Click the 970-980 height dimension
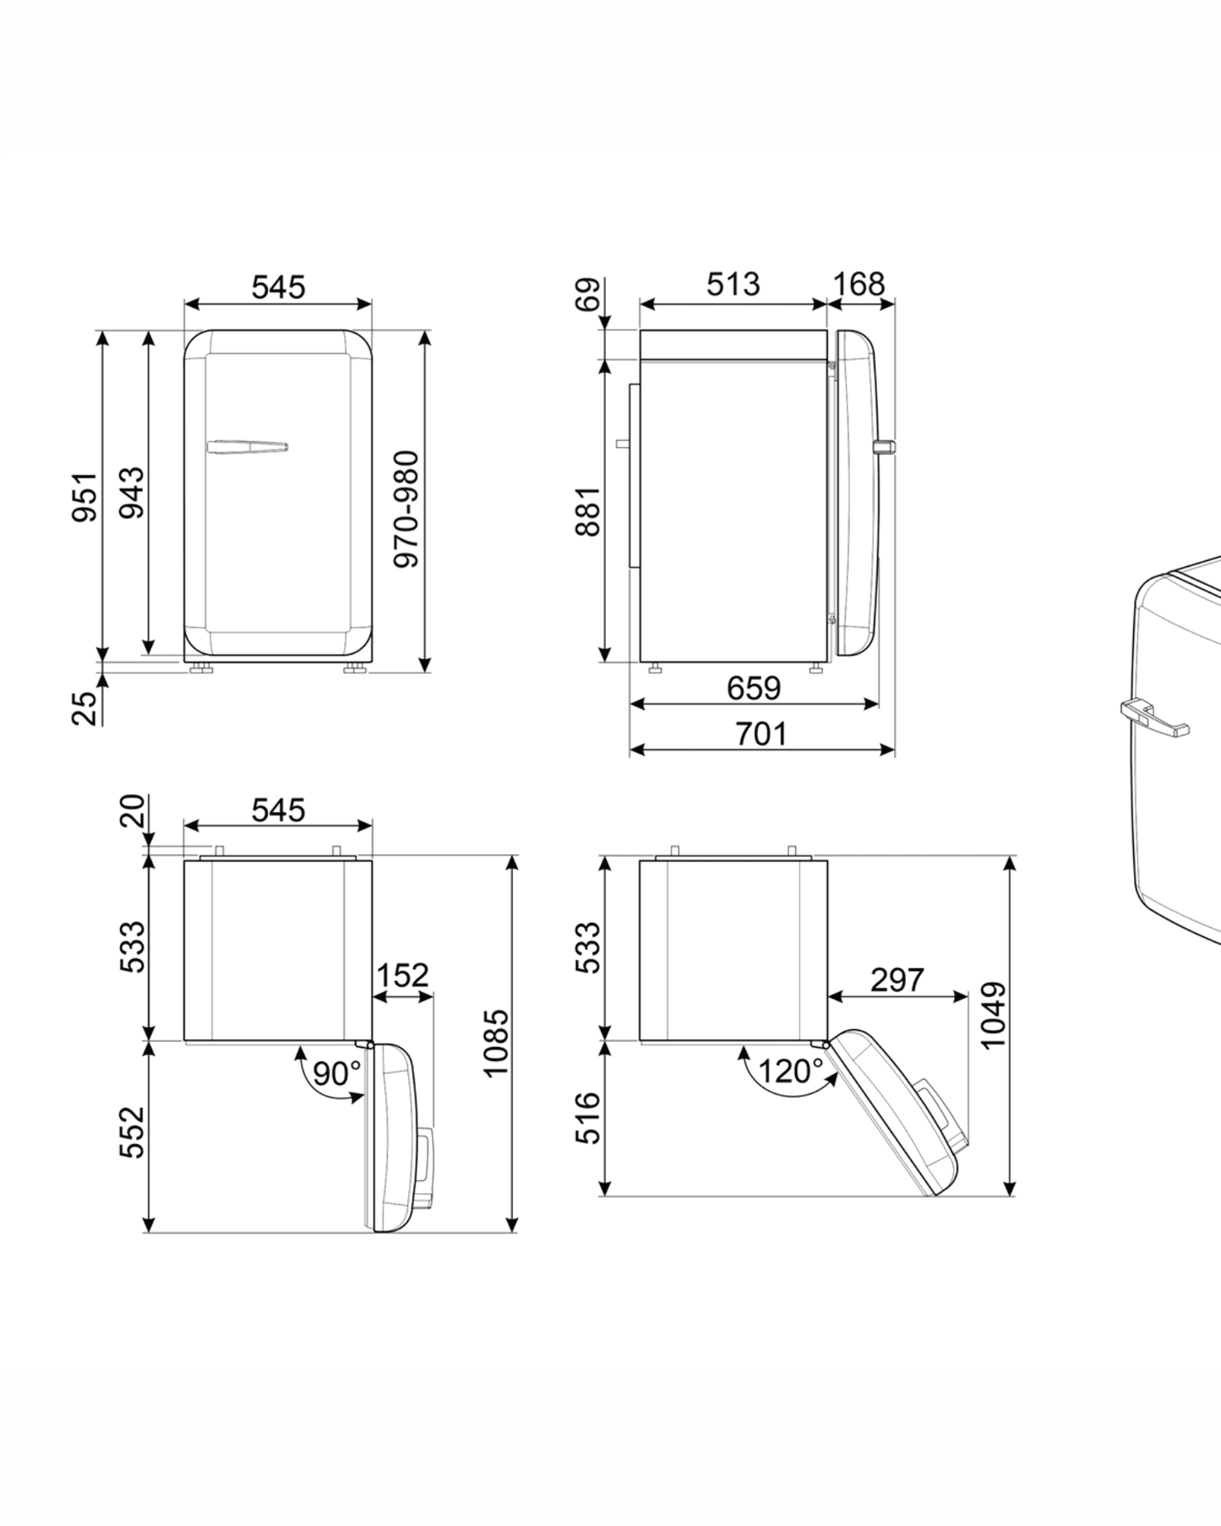click(407, 509)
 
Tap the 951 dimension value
click(84, 497)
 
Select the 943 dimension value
click(132, 492)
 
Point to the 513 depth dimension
click(733, 284)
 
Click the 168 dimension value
click(859, 284)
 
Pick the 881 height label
click(587, 510)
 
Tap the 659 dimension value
click(754, 688)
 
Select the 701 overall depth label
click(760, 733)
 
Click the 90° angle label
click(336, 1073)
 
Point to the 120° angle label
click(789, 1071)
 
